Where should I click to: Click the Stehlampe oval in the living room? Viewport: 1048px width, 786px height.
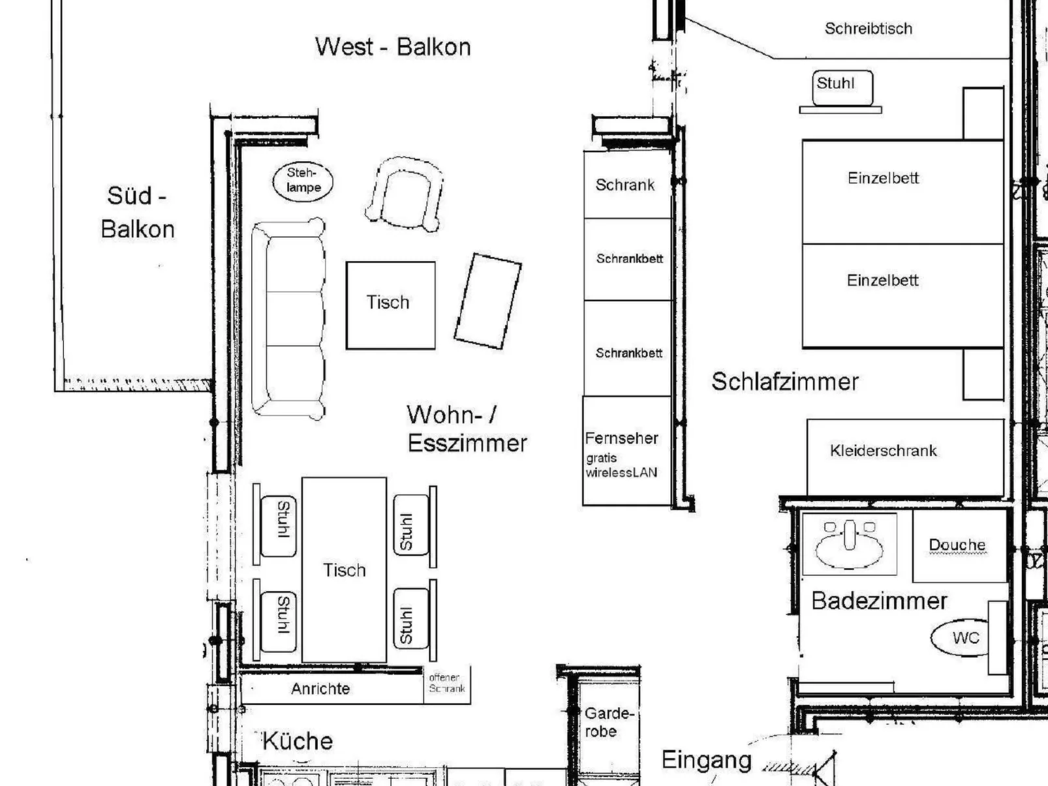[302, 181]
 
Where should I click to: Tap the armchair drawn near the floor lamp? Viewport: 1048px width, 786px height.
[405, 194]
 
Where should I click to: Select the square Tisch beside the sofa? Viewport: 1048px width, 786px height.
[390, 305]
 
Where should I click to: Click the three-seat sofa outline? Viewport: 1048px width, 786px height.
[288, 318]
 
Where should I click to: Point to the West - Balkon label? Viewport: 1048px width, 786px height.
[393, 47]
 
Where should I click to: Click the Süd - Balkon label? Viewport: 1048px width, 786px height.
[137, 212]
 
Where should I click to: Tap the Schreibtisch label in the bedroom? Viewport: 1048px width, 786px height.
[868, 29]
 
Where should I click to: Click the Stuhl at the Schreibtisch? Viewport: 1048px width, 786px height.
[841, 87]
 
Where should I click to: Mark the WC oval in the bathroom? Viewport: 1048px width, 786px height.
[962, 637]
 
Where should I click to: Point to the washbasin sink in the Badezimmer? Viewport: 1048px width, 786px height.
[849, 543]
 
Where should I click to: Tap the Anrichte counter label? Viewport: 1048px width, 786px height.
[320, 689]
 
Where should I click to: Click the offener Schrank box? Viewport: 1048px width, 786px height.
[447, 684]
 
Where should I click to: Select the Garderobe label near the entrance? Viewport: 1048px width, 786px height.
[608, 722]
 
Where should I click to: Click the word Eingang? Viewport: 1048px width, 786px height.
[706, 760]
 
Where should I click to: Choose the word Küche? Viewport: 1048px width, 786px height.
[298, 742]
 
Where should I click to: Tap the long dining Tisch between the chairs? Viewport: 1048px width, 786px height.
[344, 570]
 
